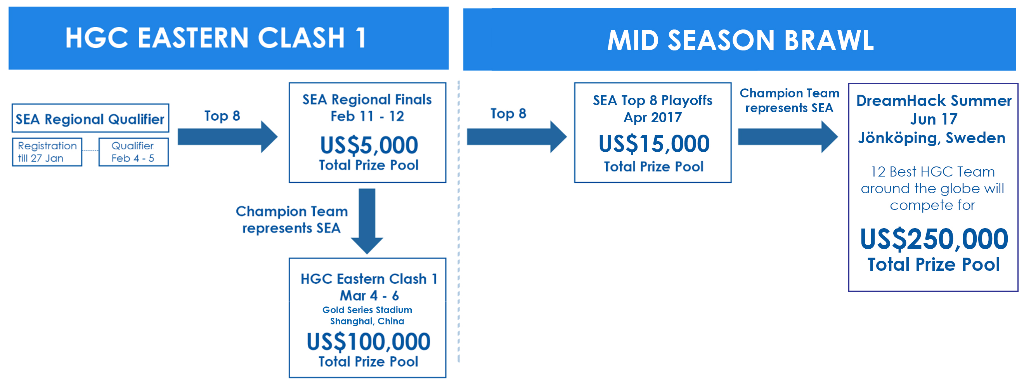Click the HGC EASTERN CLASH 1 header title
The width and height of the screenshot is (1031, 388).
coord(216,38)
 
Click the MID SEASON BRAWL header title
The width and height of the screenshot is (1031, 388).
coord(740,40)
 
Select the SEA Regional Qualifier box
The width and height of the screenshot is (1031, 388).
coord(90,118)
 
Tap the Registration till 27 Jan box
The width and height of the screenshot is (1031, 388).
coord(47,152)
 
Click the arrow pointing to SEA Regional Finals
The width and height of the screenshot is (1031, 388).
coord(228,137)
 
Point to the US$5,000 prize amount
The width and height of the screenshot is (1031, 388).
coord(369,145)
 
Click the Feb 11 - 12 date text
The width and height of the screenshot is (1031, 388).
coord(367,116)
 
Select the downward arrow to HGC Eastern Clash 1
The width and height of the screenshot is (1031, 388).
coord(367,221)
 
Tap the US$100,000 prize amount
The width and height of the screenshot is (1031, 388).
coord(369,341)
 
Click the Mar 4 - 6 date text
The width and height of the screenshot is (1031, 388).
coord(369,296)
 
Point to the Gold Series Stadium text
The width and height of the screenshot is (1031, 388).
coord(367,310)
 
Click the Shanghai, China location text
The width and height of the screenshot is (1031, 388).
coord(367,321)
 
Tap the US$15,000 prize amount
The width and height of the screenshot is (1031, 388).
coord(654,144)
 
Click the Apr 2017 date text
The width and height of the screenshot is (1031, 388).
coord(653,118)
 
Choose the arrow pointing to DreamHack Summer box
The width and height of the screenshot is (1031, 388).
coord(788,137)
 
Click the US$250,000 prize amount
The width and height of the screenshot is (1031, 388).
coord(934,239)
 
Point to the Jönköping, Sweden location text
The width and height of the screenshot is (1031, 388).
coord(932,138)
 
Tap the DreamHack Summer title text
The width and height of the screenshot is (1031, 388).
coord(934,101)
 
